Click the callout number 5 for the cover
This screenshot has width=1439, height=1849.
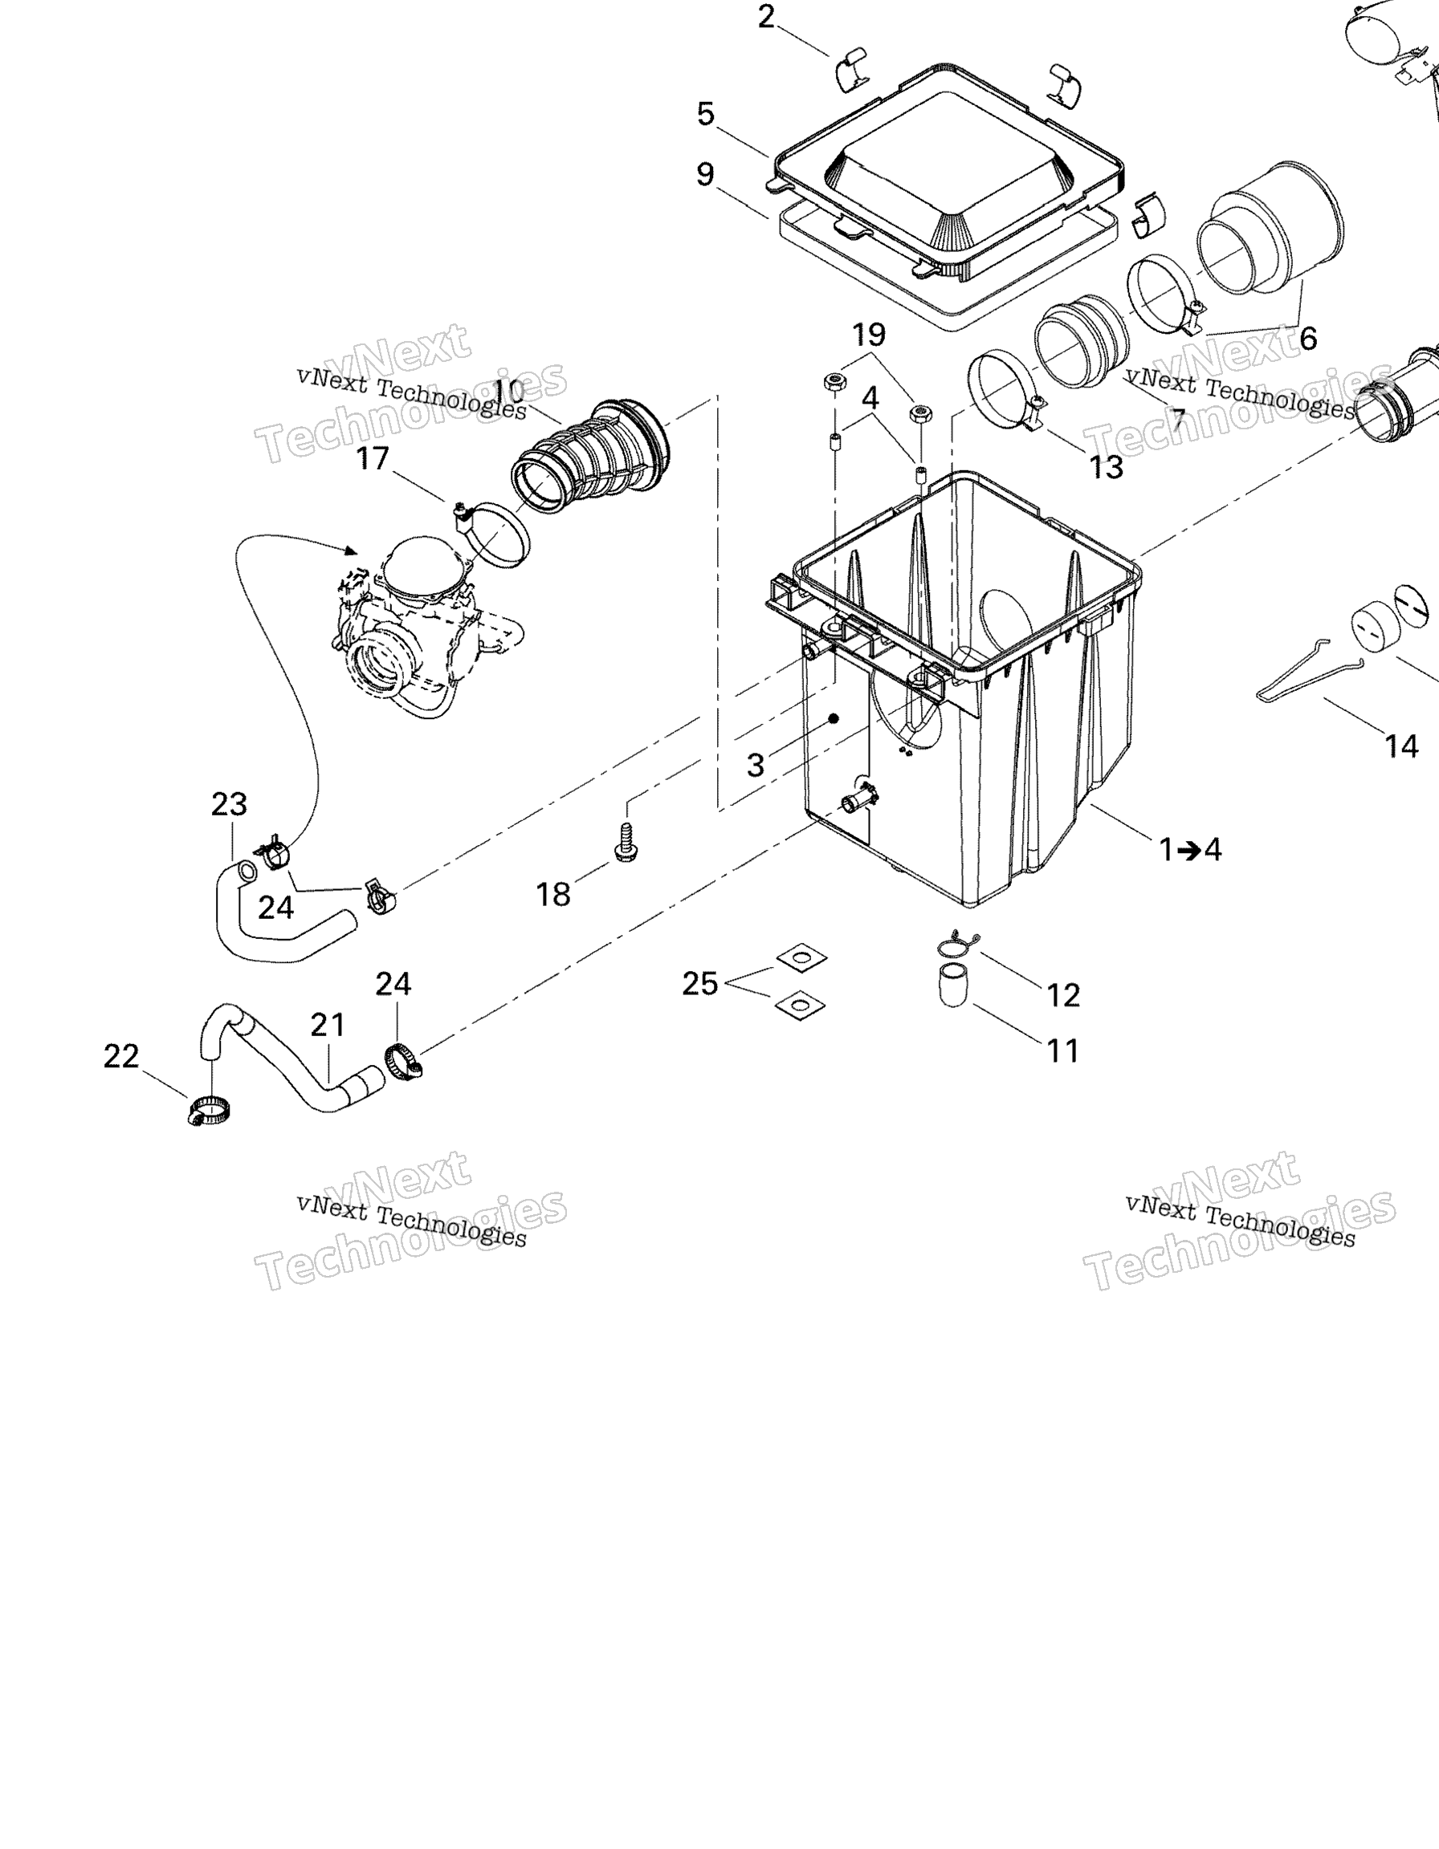click(706, 113)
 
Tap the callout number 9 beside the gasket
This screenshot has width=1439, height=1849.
click(706, 174)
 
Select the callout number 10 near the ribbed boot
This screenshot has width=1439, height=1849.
click(508, 392)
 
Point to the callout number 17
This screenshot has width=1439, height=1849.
click(373, 458)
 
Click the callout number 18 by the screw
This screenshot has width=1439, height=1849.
click(553, 894)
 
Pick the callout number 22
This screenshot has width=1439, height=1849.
click(121, 1056)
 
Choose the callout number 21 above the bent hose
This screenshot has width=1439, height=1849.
click(328, 1026)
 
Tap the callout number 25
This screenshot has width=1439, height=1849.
click(700, 983)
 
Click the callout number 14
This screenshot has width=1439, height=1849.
click(1401, 746)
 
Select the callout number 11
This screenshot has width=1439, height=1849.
click(1064, 1050)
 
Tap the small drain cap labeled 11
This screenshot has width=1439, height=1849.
click(953, 985)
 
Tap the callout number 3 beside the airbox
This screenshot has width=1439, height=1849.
click(756, 766)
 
